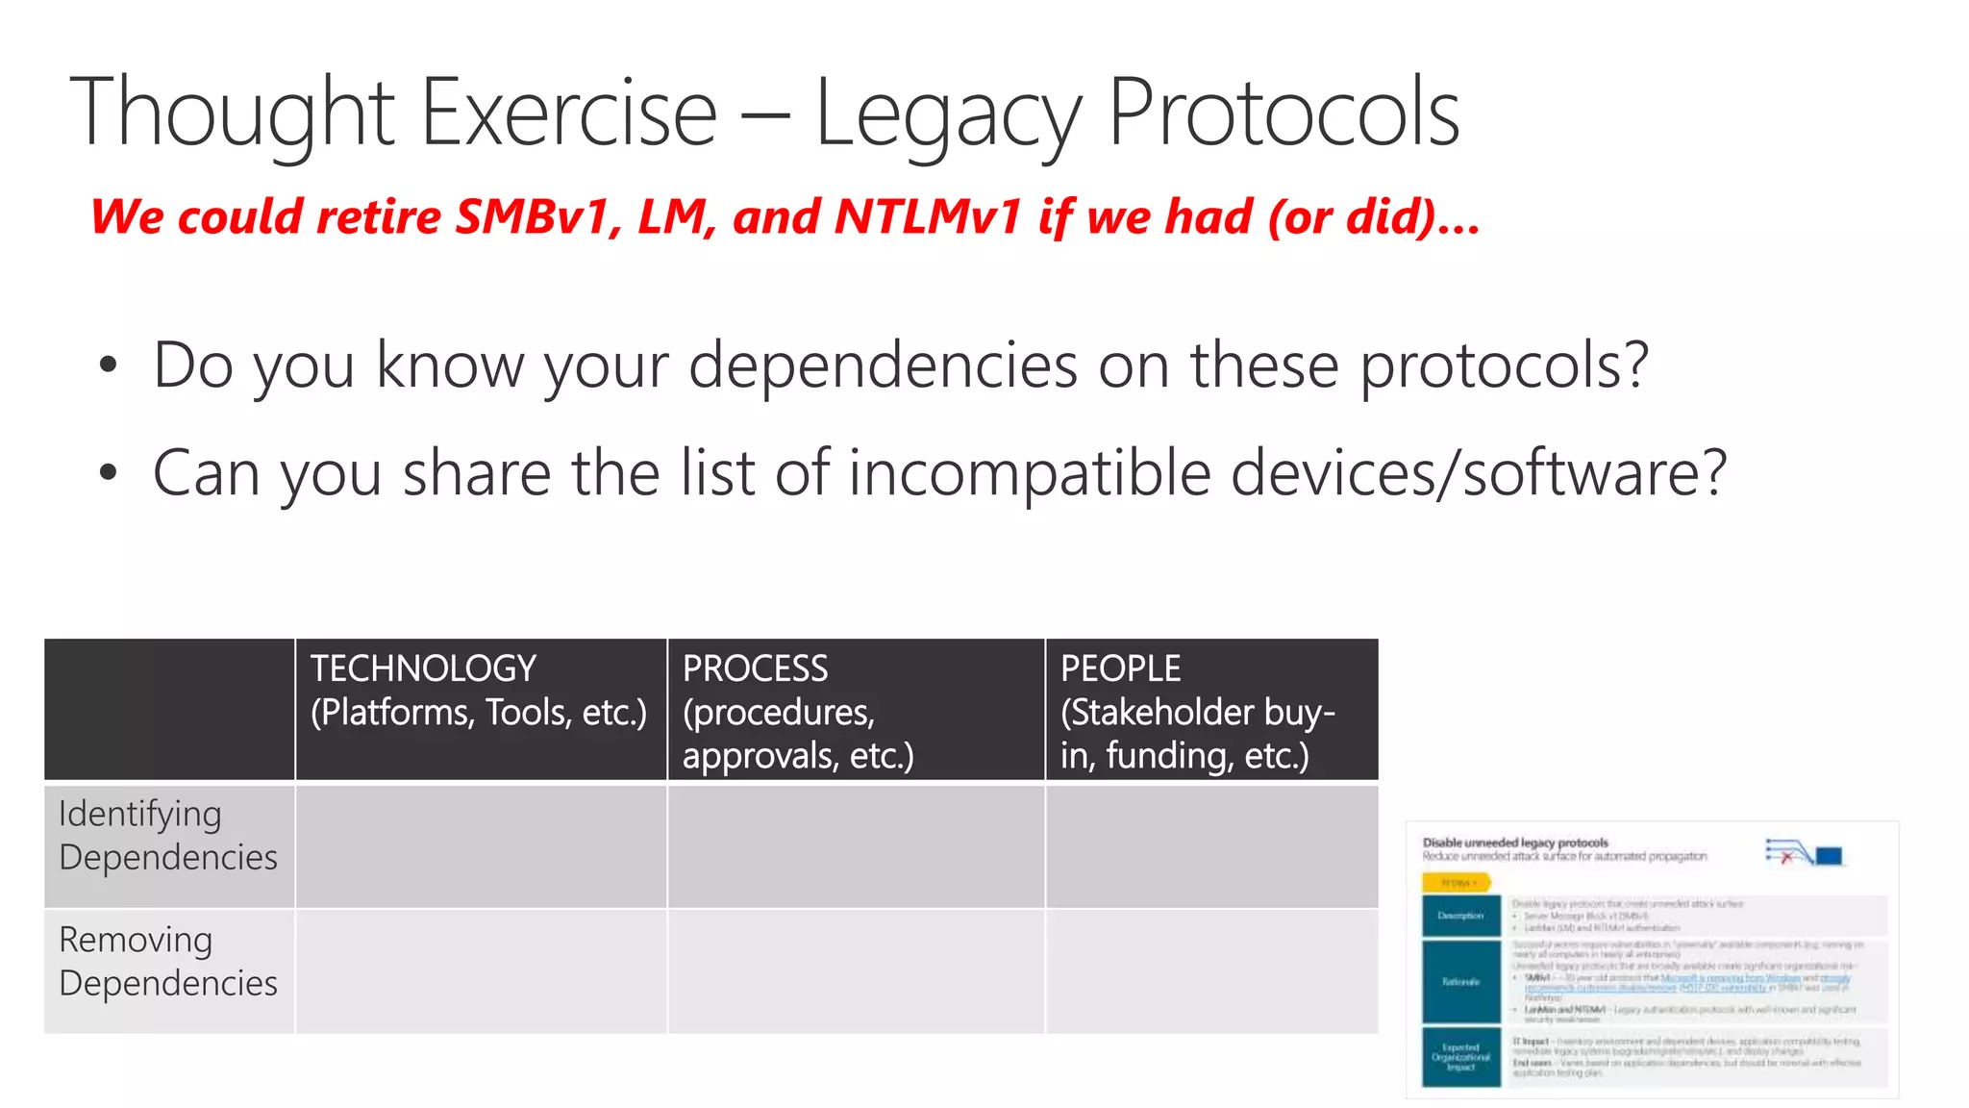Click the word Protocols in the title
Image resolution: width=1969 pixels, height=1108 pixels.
[x=1284, y=113]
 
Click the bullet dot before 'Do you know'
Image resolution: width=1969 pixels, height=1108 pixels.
[x=108, y=365]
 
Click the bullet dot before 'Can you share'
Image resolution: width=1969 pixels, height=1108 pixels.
[x=108, y=473]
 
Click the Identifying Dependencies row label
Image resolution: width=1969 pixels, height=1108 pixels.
[x=168, y=835]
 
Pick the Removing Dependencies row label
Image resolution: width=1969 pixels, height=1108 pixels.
[x=168, y=961]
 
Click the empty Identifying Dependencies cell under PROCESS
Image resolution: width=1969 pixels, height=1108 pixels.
[x=856, y=846]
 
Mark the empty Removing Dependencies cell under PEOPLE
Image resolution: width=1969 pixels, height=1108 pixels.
[x=1211, y=971]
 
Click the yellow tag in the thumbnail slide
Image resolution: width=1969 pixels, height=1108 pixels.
[x=1457, y=882]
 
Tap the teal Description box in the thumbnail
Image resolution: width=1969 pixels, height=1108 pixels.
[x=1460, y=916]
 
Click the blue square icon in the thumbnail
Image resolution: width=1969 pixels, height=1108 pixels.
[x=1829, y=856]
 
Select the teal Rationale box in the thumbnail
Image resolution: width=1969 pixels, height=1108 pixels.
[x=1460, y=981]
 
